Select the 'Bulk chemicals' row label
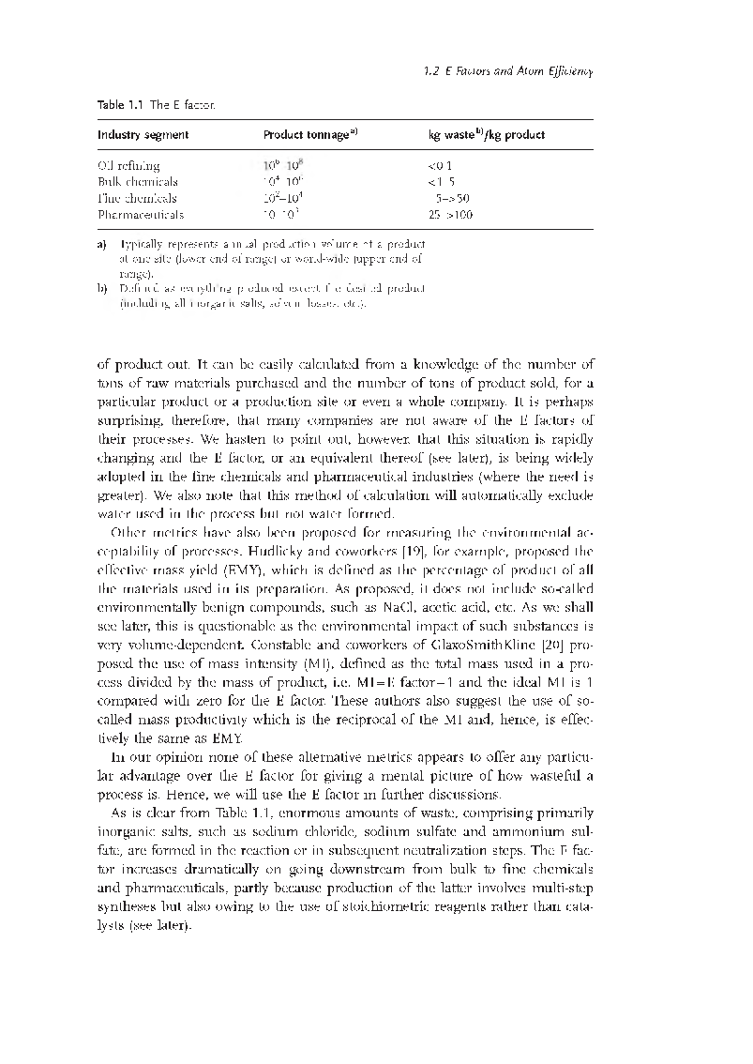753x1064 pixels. click(138, 182)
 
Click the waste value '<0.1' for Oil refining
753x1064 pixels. click(441, 166)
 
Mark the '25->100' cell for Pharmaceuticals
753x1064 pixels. click(450, 215)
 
